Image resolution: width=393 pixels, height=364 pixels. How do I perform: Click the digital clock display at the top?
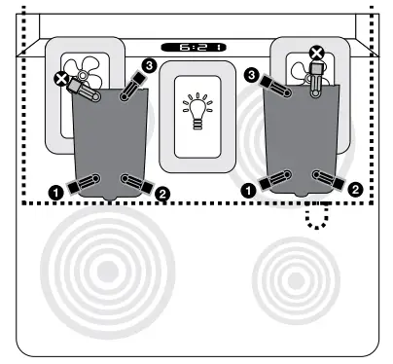194,47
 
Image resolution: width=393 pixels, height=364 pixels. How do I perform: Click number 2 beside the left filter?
162,194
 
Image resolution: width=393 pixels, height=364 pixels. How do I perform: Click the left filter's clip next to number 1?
86,182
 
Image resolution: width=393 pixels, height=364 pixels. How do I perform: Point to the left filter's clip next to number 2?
136,183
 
